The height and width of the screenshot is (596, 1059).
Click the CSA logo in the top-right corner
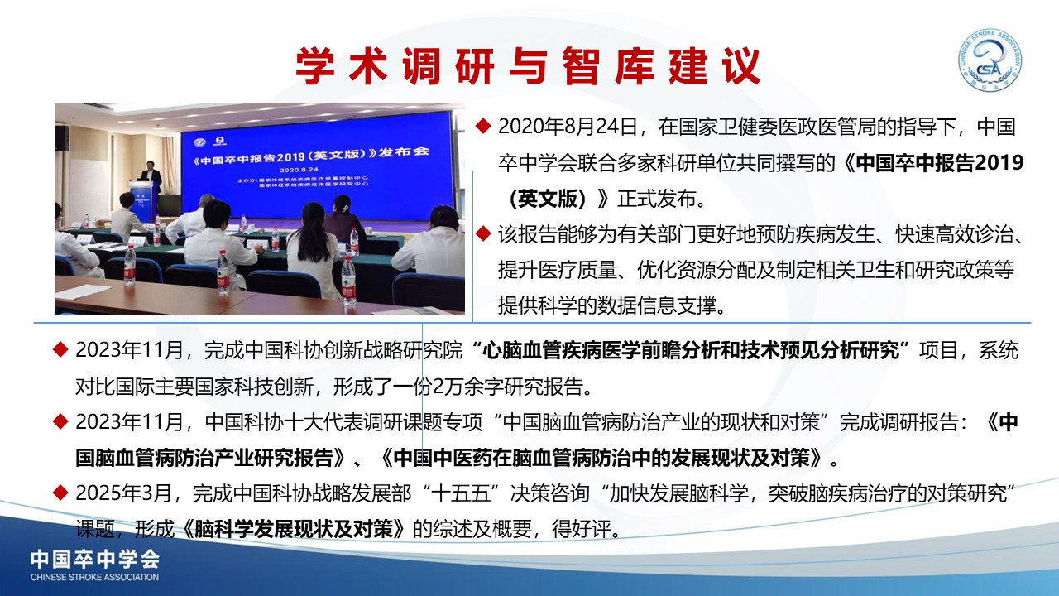990,60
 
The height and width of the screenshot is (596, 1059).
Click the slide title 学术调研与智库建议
528,65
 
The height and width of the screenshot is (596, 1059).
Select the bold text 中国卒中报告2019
940,163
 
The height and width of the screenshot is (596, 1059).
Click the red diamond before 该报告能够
483,233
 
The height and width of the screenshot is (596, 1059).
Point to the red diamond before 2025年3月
60,493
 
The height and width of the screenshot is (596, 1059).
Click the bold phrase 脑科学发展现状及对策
294,528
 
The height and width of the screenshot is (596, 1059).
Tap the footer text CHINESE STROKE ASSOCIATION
94,577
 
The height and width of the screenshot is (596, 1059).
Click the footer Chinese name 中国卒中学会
95,560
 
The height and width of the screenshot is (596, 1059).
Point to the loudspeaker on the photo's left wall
61,137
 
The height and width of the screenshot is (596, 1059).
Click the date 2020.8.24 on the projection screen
299,170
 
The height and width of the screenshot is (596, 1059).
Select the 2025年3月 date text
123,493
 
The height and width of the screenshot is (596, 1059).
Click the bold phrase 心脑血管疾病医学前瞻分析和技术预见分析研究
691,350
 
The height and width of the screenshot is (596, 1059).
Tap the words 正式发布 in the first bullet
657,199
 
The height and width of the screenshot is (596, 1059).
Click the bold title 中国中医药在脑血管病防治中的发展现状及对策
601,458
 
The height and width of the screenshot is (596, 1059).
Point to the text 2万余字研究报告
508,387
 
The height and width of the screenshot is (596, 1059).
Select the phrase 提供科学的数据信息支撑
607,305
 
